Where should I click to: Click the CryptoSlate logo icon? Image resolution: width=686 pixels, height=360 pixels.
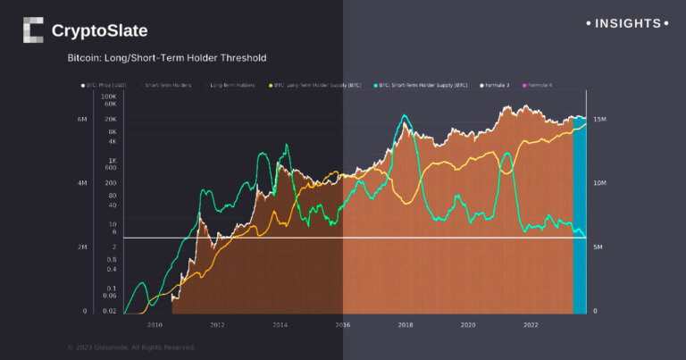pos(32,30)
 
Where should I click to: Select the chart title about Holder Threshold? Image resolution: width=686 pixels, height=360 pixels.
pos(167,58)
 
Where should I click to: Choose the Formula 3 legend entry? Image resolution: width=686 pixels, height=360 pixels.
pos(498,85)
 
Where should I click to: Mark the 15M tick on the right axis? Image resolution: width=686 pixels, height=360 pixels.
pos(600,119)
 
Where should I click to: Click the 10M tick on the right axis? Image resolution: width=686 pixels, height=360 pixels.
pos(600,183)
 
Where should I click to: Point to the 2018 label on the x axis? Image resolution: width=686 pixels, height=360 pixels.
pos(405,325)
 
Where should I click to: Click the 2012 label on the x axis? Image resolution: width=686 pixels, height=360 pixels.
pos(216,325)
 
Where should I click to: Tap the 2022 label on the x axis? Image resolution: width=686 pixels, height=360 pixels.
pos(531,325)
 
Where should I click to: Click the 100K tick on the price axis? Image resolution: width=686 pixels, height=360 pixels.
pos(109,96)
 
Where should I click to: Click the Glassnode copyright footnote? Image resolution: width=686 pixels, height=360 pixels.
pos(130,347)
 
